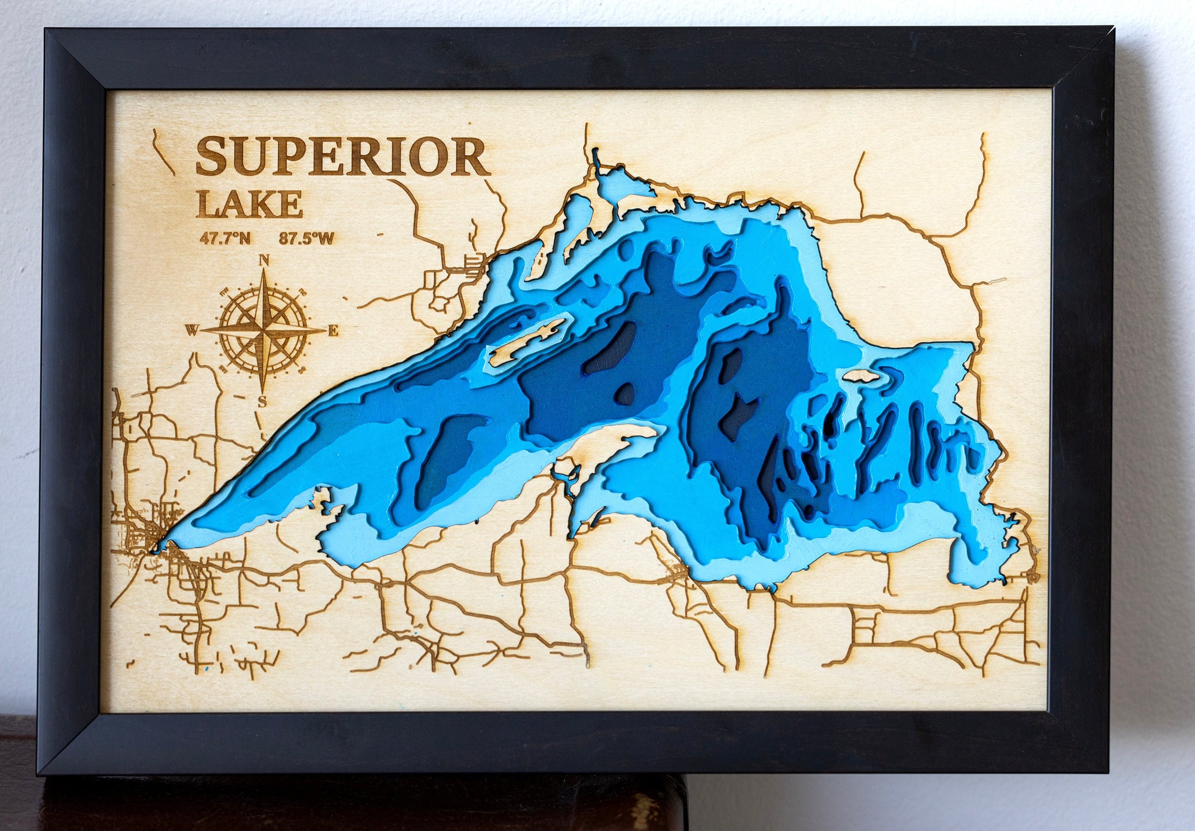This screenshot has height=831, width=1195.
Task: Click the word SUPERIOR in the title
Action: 342,157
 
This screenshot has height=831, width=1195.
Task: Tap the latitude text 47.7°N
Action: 225,239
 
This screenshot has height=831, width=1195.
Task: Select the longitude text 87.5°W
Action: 306,239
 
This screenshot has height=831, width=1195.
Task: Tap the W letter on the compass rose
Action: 192,330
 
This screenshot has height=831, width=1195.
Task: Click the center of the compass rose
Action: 263,330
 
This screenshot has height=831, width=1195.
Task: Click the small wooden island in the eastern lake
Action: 860,376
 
